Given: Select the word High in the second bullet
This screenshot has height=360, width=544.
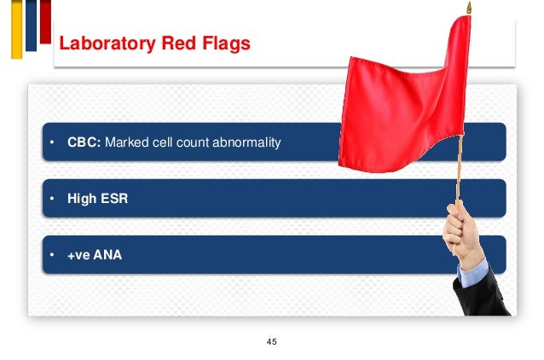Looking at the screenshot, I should point(82,199).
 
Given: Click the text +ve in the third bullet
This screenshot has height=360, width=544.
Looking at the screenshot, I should point(79,254).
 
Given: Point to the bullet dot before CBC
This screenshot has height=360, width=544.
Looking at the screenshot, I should point(51,142).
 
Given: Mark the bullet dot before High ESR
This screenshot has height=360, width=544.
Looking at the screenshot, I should point(51,199).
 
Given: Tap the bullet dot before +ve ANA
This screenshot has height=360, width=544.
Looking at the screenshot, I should point(51,254).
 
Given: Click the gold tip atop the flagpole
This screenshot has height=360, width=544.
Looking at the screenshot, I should point(467,8).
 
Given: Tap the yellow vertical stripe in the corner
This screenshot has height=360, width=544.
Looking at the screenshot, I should point(16,29).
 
